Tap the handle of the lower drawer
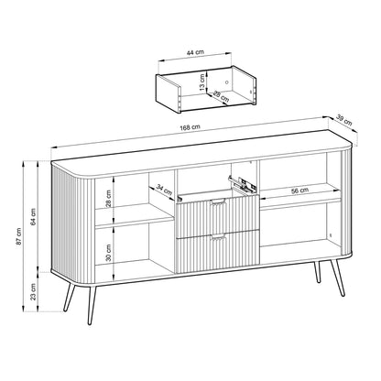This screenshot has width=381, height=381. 217,238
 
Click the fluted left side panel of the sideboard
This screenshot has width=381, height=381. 71,220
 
